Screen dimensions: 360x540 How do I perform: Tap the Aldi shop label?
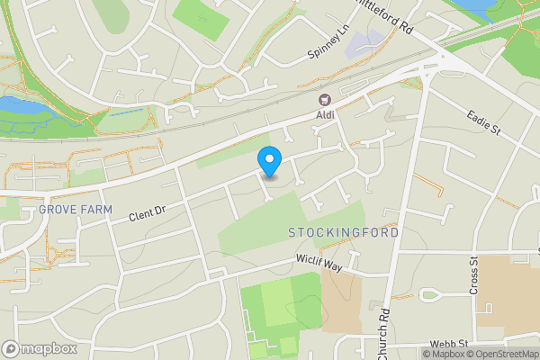323,114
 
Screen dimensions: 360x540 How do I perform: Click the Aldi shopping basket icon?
323,99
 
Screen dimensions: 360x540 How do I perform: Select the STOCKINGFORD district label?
344,233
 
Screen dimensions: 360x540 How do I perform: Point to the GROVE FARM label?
76,210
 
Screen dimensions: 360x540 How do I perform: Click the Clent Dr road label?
148,214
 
